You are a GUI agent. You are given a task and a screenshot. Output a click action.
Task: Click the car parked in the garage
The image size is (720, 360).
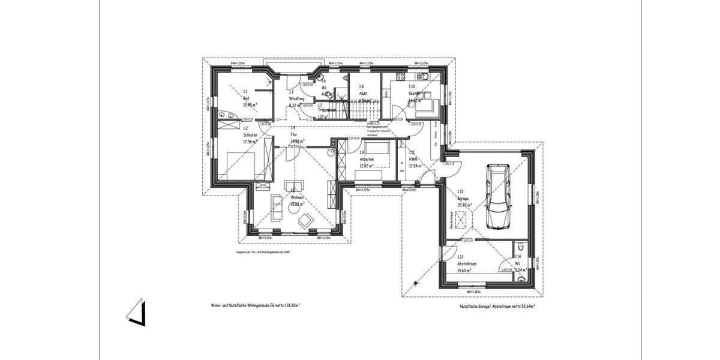pos(499,197)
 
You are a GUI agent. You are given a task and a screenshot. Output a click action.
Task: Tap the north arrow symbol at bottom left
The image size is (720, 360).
pos(136,312)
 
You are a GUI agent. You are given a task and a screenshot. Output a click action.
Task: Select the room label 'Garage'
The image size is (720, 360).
pos(463,199)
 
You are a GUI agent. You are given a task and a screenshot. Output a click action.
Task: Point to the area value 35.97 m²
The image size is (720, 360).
pos(463,205)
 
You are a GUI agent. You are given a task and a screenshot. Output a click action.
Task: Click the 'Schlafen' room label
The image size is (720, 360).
pos(250,136)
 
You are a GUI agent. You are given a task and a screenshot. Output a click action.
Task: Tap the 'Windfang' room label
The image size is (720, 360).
pos(296,98)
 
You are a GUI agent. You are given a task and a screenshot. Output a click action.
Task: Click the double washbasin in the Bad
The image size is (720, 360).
pos(225,115)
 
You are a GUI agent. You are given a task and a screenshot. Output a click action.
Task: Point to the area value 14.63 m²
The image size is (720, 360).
pos(463,271)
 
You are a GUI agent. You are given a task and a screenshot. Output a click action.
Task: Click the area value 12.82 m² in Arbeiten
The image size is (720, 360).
pos(367,166)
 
